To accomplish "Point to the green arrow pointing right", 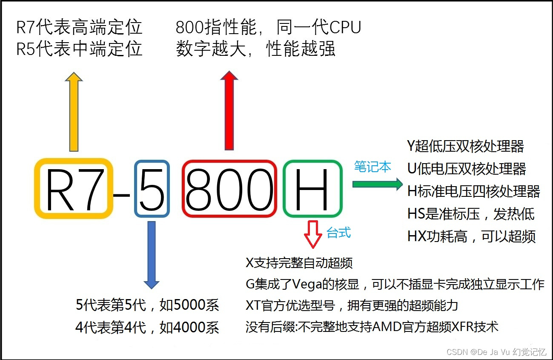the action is tap(377, 184).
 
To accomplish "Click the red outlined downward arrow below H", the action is tap(313, 234).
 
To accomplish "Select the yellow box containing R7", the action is tap(74, 188).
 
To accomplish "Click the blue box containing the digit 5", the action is tap(152, 188).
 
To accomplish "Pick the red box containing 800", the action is tap(229, 188).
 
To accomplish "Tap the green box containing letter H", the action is tap(312, 188).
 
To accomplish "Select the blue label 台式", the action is tap(339, 233).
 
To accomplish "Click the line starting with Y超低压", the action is tap(465, 146).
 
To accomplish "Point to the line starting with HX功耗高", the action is tap(471, 236).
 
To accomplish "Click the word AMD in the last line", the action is tap(384, 327).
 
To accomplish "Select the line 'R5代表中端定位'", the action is tap(79, 49).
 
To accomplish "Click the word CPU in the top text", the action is tap(345, 28).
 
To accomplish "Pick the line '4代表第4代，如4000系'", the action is tap(147, 327).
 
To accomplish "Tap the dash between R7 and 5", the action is tap(123, 195).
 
